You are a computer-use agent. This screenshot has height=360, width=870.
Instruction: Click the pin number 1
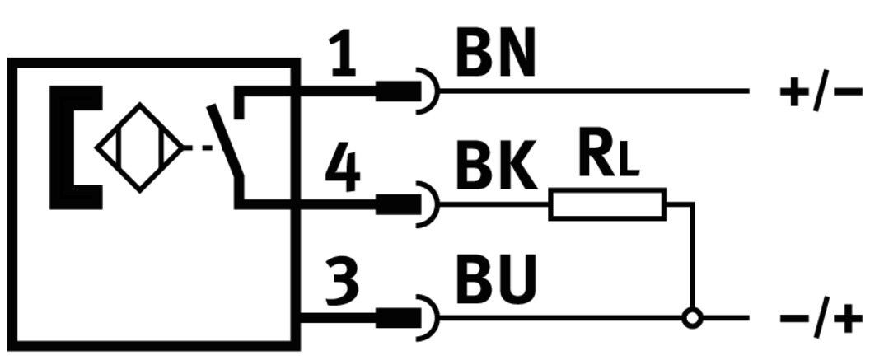point(344,57)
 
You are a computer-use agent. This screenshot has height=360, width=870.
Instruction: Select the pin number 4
point(343,170)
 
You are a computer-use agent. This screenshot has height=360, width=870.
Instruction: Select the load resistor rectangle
point(607,203)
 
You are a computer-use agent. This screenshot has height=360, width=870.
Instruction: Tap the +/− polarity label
point(820,91)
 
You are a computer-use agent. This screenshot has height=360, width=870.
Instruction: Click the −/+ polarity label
point(820,317)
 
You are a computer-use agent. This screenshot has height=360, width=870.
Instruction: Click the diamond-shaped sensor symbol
point(139,148)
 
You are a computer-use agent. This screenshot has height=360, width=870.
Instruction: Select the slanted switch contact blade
point(227,140)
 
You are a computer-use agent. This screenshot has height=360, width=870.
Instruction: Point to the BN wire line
point(593,91)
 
